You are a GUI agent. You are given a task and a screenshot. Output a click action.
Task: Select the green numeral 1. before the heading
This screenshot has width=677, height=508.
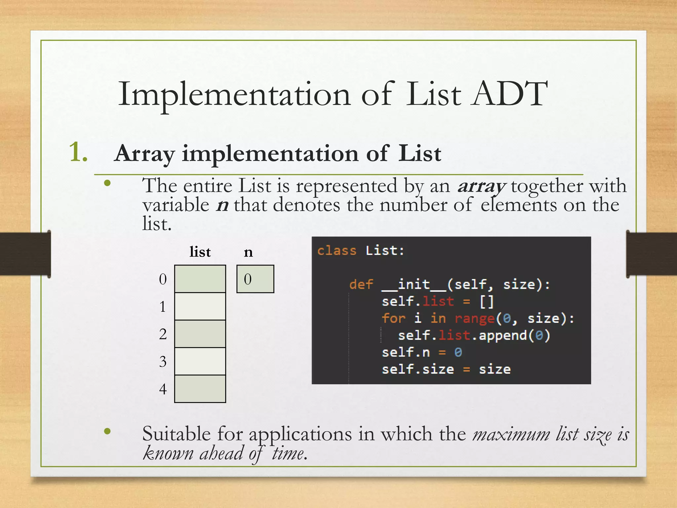78,152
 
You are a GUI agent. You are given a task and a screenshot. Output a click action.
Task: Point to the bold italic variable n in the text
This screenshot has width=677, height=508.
222,205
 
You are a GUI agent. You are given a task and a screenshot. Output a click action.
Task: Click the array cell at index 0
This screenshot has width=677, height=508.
200,279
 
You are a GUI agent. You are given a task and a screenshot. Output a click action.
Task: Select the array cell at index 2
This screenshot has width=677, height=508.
200,334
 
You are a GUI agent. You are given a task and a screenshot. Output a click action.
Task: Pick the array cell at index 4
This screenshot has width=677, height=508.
200,389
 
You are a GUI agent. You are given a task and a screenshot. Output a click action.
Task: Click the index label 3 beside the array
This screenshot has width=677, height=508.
163,361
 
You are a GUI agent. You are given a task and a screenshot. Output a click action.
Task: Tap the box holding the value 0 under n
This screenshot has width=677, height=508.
255,279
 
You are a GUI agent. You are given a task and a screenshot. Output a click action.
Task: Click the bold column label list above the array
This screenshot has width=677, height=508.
200,252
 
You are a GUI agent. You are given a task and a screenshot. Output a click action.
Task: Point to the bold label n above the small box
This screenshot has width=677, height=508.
248,252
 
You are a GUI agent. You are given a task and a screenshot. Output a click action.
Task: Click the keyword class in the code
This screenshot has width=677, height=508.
337,250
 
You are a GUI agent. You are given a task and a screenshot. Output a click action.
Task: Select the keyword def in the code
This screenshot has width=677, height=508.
361,284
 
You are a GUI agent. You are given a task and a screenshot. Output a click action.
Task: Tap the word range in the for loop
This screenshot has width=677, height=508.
475,318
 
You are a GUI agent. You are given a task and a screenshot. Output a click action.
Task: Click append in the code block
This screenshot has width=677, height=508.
503,335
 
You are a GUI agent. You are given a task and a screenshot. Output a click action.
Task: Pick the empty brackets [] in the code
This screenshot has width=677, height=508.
487,301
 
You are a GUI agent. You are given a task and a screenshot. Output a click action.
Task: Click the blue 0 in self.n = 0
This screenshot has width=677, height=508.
458,352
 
